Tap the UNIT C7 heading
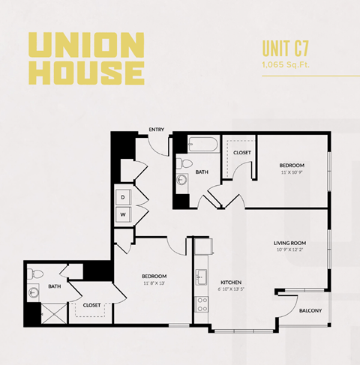[x=287, y=49]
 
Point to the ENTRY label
[x=157, y=129]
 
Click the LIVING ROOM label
[x=290, y=242]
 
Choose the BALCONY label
[x=310, y=310]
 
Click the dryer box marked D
[x=122, y=196]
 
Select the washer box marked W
[x=122, y=214]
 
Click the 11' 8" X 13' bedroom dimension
[x=153, y=283]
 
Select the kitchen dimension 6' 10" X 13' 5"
[x=230, y=289]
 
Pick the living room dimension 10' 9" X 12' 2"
[x=290, y=250]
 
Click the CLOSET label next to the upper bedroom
[x=241, y=153]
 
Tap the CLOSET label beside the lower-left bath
[x=91, y=305]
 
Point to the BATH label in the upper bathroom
[x=202, y=172]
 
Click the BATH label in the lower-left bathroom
[x=55, y=286]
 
